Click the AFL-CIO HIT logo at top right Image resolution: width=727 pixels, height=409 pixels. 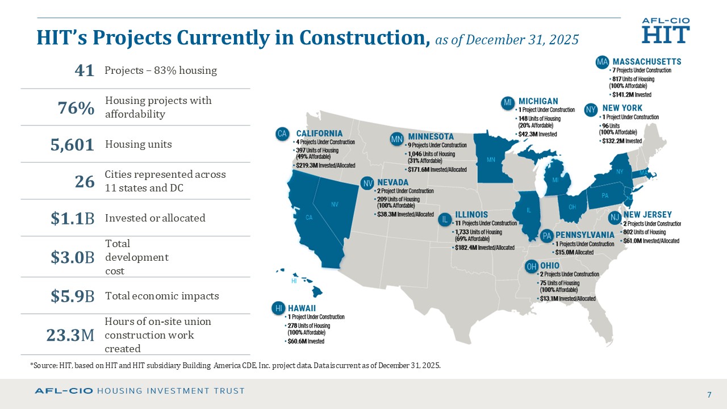[666, 30]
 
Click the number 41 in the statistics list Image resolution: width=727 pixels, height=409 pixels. [84, 70]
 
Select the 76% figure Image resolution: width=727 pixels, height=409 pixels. [76, 108]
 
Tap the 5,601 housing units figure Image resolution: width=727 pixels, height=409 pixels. [72, 145]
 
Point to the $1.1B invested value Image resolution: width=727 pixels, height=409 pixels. [72, 218]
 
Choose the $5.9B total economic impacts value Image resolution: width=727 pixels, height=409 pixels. [72, 296]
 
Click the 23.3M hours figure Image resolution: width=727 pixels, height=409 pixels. [70, 336]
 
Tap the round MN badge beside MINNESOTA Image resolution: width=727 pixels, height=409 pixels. [397, 138]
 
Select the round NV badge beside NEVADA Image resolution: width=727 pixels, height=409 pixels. [368, 183]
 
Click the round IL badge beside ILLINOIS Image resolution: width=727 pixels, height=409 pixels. [445, 219]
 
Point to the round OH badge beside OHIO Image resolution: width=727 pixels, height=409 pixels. [532, 266]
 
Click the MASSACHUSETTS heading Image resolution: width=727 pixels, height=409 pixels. [647, 61]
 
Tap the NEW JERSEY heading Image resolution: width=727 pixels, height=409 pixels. [647, 215]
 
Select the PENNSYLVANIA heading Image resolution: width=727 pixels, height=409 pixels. [584, 235]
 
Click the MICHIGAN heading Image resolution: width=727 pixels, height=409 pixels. [538, 102]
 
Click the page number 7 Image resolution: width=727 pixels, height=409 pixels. [709, 395]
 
